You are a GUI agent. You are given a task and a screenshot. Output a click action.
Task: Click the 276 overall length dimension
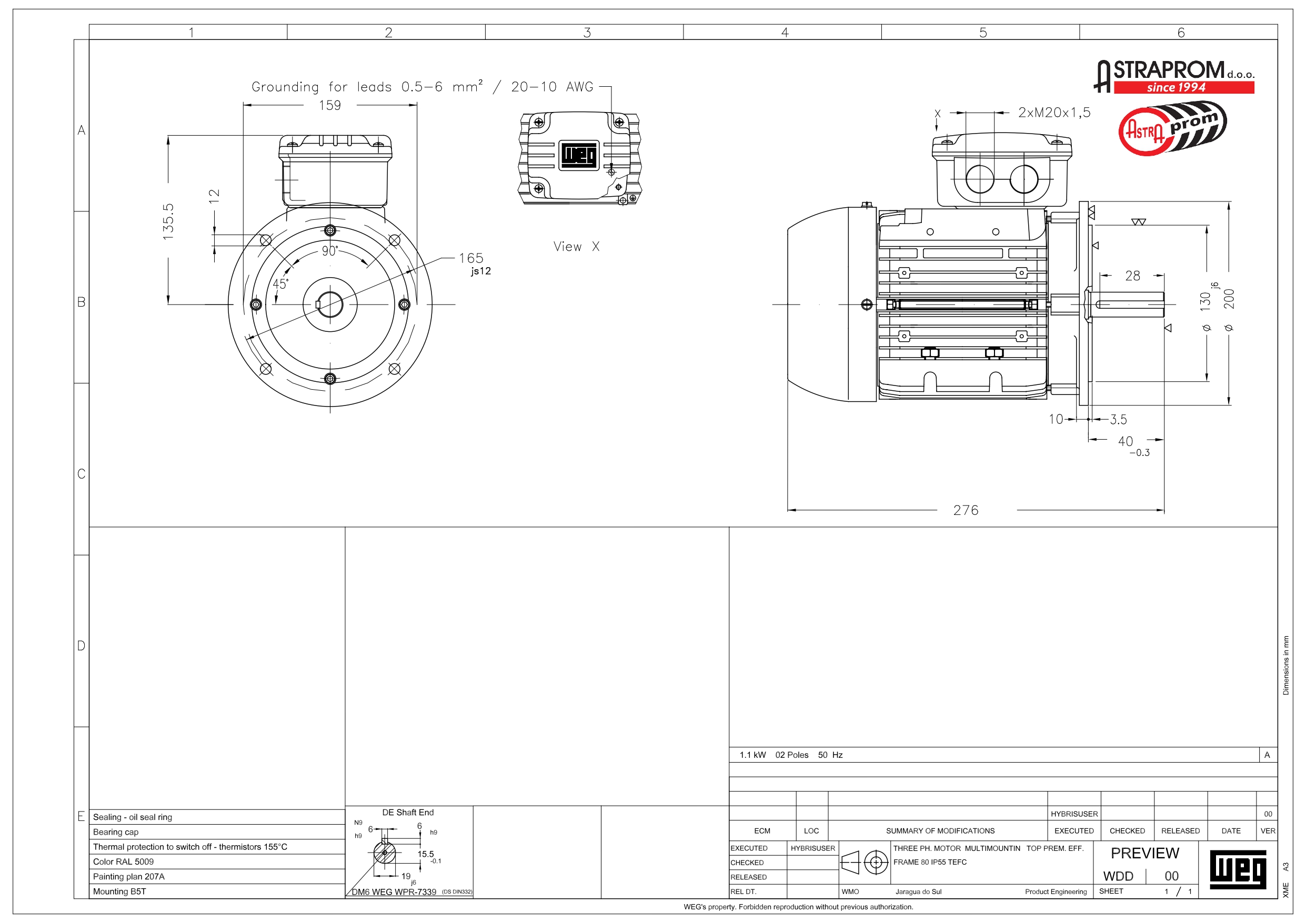click(x=966, y=510)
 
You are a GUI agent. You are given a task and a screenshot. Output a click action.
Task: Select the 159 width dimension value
click(x=330, y=105)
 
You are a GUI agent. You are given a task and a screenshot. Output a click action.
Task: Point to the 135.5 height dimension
click(x=168, y=221)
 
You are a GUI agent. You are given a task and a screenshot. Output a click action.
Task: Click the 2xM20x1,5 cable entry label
click(x=1054, y=113)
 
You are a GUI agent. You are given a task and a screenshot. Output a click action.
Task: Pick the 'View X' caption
click(x=576, y=246)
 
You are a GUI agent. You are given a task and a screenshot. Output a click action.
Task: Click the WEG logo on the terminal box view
click(x=579, y=155)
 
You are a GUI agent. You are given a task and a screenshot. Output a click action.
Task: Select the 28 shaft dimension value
click(x=1132, y=276)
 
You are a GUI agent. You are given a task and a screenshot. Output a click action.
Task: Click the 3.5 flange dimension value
click(x=1118, y=420)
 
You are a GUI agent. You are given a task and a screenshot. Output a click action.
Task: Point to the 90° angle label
click(x=330, y=251)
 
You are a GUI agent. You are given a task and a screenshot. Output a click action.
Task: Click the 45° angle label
click(x=280, y=284)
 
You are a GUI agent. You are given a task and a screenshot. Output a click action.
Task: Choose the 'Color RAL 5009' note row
click(x=124, y=861)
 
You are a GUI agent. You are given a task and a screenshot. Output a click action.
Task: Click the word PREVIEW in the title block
click(x=1144, y=853)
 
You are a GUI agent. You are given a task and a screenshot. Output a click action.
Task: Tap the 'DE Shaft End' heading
click(x=408, y=813)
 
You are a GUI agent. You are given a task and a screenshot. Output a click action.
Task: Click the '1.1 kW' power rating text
click(x=752, y=755)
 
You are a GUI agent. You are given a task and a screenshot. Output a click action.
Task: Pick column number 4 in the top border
click(x=785, y=33)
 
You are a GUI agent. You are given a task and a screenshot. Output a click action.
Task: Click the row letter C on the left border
click(x=82, y=474)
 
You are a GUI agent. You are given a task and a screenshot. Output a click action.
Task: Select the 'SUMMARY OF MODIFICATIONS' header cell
click(x=940, y=831)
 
